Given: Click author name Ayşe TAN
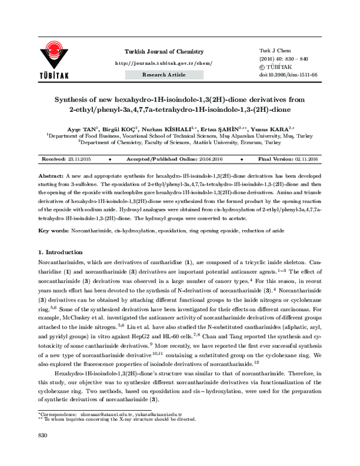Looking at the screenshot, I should (81, 129).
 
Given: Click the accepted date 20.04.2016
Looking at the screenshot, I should (220, 160).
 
